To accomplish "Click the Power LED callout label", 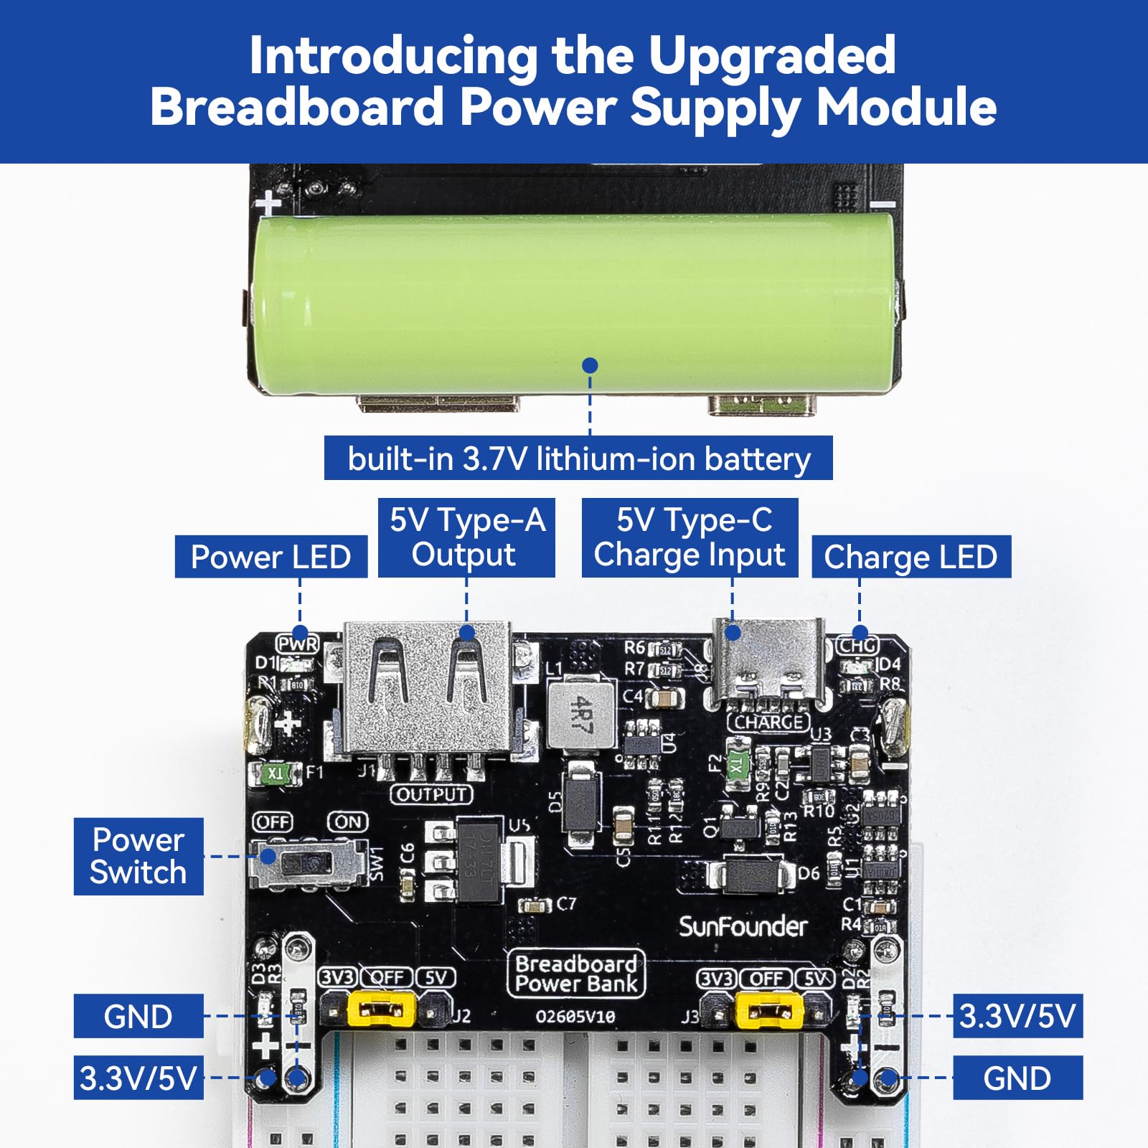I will click(x=270, y=557).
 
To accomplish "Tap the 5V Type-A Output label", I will click(x=466, y=537).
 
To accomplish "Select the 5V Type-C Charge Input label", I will click(x=690, y=537).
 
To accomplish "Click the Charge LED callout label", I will click(x=911, y=557).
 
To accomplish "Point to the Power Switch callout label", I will click(x=138, y=856).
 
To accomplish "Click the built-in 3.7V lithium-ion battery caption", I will click(x=578, y=458).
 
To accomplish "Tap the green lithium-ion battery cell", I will click(x=574, y=301).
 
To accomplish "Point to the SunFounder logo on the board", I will click(x=743, y=927).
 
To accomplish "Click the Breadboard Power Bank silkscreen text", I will click(x=576, y=974).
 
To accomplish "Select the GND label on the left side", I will click(x=138, y=1016).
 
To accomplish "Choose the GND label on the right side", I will click(x=1017, y=1078).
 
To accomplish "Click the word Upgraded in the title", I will click(x=772, y=55).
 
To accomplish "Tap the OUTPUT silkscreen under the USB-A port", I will click(x=431, y=794).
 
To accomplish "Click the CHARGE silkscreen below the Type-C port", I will click(x=768, y=722).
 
